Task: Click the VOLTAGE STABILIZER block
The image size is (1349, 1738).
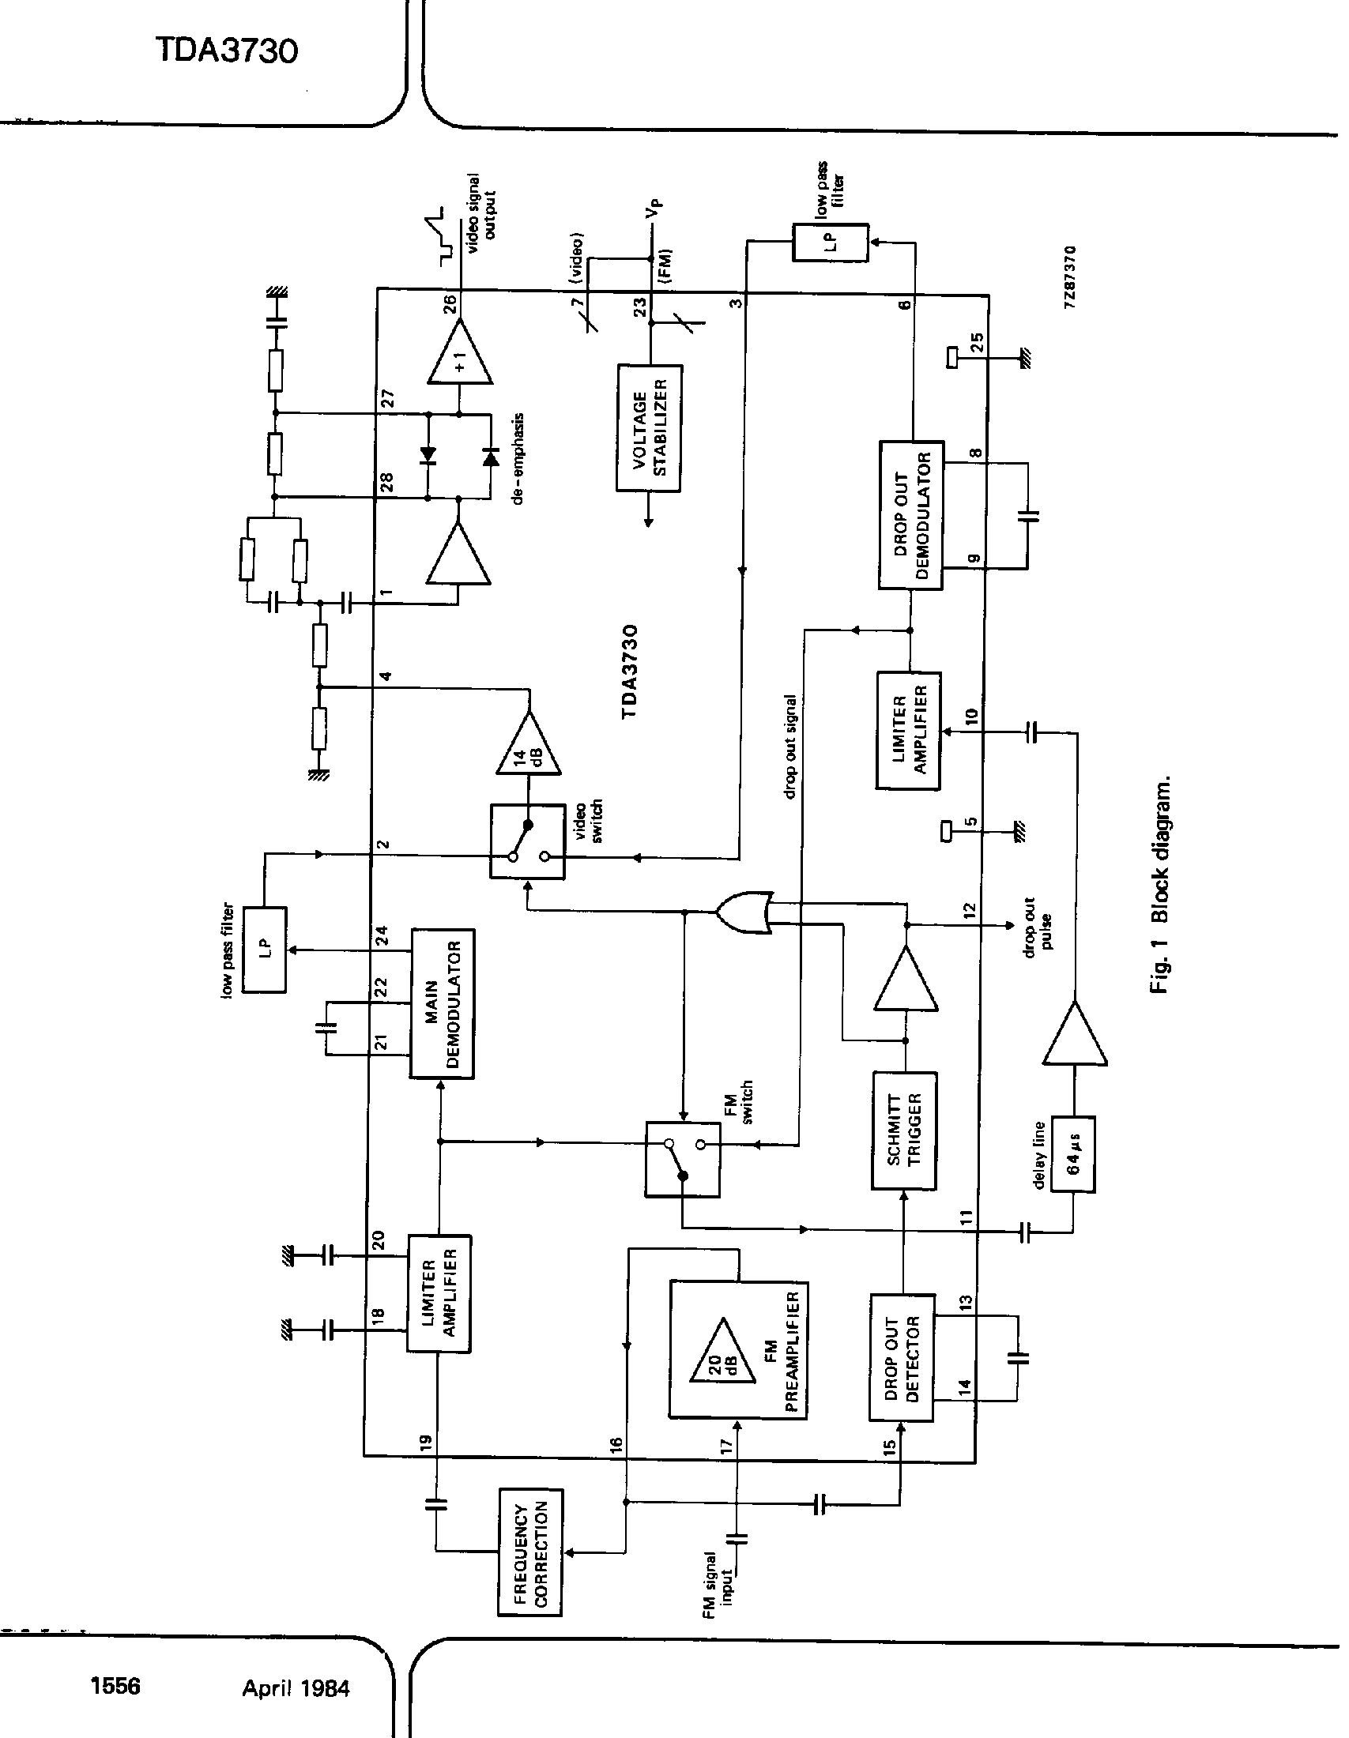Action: [x=650, y=428]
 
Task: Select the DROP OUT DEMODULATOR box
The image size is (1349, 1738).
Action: [x=910, y=515]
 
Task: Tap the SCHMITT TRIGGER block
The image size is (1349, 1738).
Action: [x=904, y=1130]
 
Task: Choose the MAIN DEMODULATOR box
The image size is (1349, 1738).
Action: [x=442, y=1003]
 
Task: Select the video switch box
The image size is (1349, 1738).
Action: [x=528, y=841]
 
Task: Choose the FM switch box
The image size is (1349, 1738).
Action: [x=683, y=1160]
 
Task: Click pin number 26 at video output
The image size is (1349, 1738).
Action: [x=450, y=304]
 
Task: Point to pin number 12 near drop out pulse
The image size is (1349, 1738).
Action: [x=968, y=909]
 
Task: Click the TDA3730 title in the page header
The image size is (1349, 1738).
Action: [x=227, y=51]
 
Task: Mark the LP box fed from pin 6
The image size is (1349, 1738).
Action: [x=830, y=242]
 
